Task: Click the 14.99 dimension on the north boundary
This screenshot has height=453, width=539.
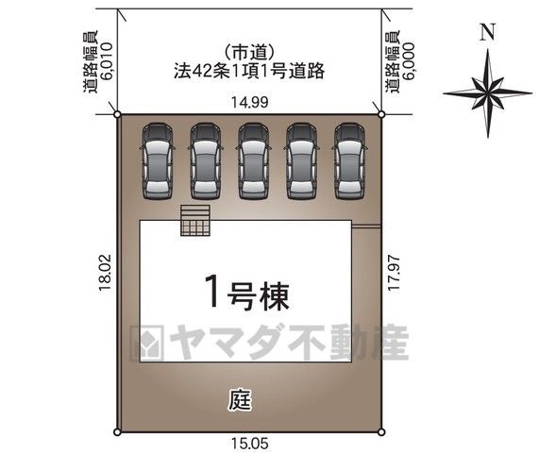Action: [x=249, y=102]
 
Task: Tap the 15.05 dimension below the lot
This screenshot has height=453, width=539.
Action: [x=249, y=444]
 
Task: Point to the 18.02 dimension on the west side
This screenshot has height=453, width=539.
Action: [x=105, y=272]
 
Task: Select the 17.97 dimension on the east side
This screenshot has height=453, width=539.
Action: [x=394, y=273]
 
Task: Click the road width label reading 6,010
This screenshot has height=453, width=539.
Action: [x=107, y=61]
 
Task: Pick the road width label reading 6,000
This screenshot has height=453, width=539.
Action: [x=409, y=61]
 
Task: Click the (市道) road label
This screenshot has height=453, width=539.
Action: [x=249, y=53]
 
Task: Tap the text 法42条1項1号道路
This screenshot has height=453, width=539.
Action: [x=249, y=72]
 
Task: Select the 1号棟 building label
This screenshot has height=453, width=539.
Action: [x=246, y=295]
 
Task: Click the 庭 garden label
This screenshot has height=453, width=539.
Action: [x=240, y=400]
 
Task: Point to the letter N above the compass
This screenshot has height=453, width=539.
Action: [x=488, y=32]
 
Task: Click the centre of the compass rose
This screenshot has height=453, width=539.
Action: [x=488, y=93]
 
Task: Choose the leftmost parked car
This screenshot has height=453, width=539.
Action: [x=158, y=161]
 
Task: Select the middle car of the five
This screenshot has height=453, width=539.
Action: [x=254, y=161]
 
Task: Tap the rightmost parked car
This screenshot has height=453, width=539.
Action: [x=349, y=161]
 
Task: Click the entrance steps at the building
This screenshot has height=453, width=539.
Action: [x=195, y=220]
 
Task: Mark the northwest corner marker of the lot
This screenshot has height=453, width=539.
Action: [x=117, y=114]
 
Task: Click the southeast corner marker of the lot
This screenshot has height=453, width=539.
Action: [x=381, y=432]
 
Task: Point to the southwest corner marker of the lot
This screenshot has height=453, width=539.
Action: [x=117, y=432]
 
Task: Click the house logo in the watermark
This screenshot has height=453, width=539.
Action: [x=148, y=343]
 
